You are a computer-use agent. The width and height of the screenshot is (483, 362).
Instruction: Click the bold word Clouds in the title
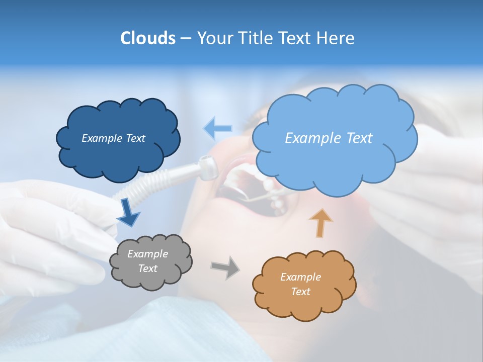(148, 38)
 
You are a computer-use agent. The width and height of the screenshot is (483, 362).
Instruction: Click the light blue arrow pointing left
(218, 128)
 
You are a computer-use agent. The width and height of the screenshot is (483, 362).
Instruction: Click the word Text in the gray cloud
(148, 268)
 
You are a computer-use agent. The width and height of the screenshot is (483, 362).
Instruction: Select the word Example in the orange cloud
(300, 277)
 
